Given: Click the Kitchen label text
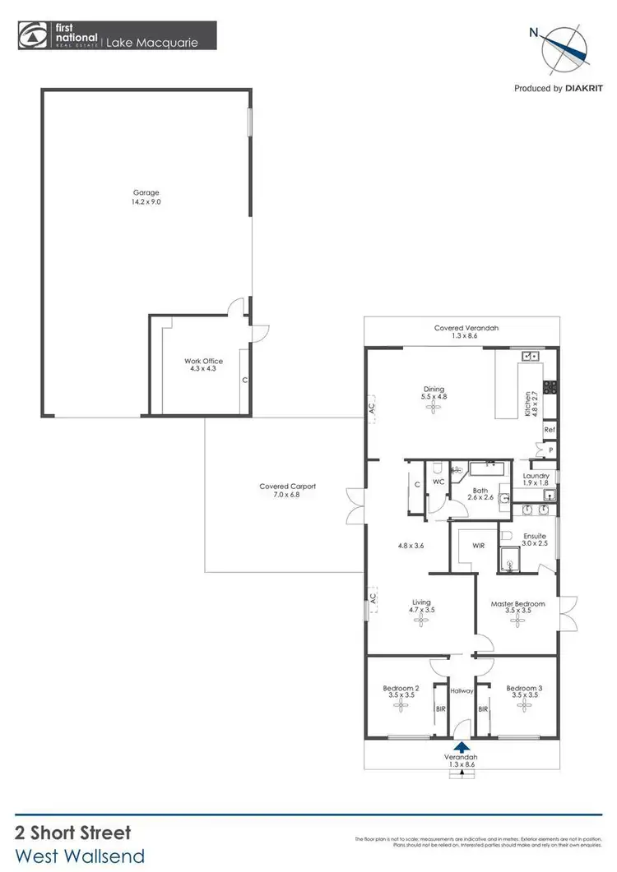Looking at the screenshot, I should [527, 405].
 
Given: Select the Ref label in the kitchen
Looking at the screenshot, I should [549, 430].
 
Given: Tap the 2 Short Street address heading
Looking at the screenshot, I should [72, 833].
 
